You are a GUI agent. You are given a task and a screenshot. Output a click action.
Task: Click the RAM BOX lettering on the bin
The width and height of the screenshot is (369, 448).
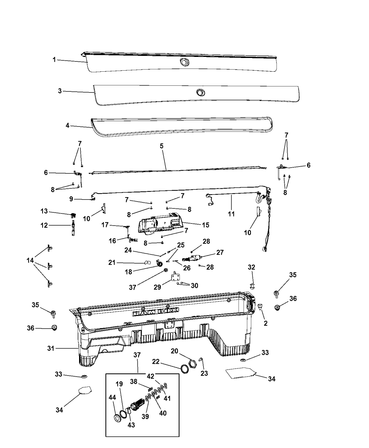click(155, 312)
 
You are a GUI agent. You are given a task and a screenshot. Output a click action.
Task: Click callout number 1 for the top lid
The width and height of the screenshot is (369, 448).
click(54, 60)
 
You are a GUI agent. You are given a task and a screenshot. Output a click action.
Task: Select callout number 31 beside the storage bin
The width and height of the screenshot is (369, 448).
click(51, 349)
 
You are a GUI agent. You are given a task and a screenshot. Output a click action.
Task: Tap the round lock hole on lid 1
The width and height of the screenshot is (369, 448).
click(184, 62)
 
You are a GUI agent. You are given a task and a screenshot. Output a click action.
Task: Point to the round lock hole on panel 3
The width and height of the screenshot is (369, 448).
click(201, 92)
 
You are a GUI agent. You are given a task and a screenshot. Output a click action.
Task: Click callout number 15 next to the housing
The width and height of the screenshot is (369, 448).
click(206, 225)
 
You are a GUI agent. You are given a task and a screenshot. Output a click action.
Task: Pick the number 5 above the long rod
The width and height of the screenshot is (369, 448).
click(161, 146)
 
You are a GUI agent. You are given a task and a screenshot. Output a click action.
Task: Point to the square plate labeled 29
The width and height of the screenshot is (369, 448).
click(175, 278)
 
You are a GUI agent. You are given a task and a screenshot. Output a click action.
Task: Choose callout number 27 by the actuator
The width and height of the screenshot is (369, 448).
click(220, 252)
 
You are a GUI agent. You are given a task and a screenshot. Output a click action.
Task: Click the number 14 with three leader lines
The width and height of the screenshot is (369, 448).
click(30, 260)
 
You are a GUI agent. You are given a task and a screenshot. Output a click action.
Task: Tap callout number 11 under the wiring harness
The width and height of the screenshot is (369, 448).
click(231, 214)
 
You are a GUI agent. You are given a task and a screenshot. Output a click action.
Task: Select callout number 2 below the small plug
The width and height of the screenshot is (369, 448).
click(266, 323)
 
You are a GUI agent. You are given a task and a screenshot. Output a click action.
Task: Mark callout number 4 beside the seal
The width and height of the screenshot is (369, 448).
click(67, 125)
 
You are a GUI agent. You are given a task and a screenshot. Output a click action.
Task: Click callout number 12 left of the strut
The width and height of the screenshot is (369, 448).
click(44, 225)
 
